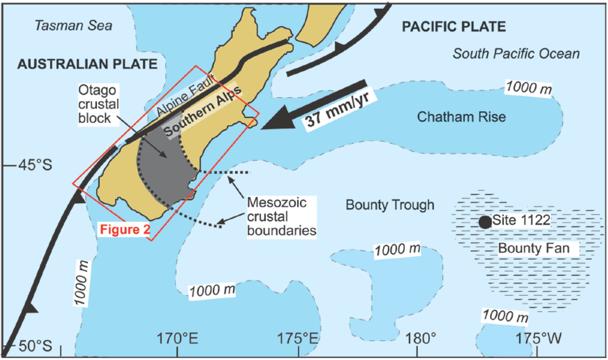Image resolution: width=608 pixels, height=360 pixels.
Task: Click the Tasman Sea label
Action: coord(73,26)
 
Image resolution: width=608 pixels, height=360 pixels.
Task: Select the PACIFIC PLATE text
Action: coord(454,26)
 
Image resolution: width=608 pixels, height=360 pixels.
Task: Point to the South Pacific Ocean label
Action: coord(516,53)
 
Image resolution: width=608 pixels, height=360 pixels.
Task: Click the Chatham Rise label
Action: coord(461,117)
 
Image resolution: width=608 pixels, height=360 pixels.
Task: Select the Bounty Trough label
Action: coord(389,206)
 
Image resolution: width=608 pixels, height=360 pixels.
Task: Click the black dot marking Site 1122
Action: coord(485,222)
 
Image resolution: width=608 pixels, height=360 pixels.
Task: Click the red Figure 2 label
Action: coord(125,229)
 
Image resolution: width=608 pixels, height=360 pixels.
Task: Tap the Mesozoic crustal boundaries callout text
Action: coord(281,216)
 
